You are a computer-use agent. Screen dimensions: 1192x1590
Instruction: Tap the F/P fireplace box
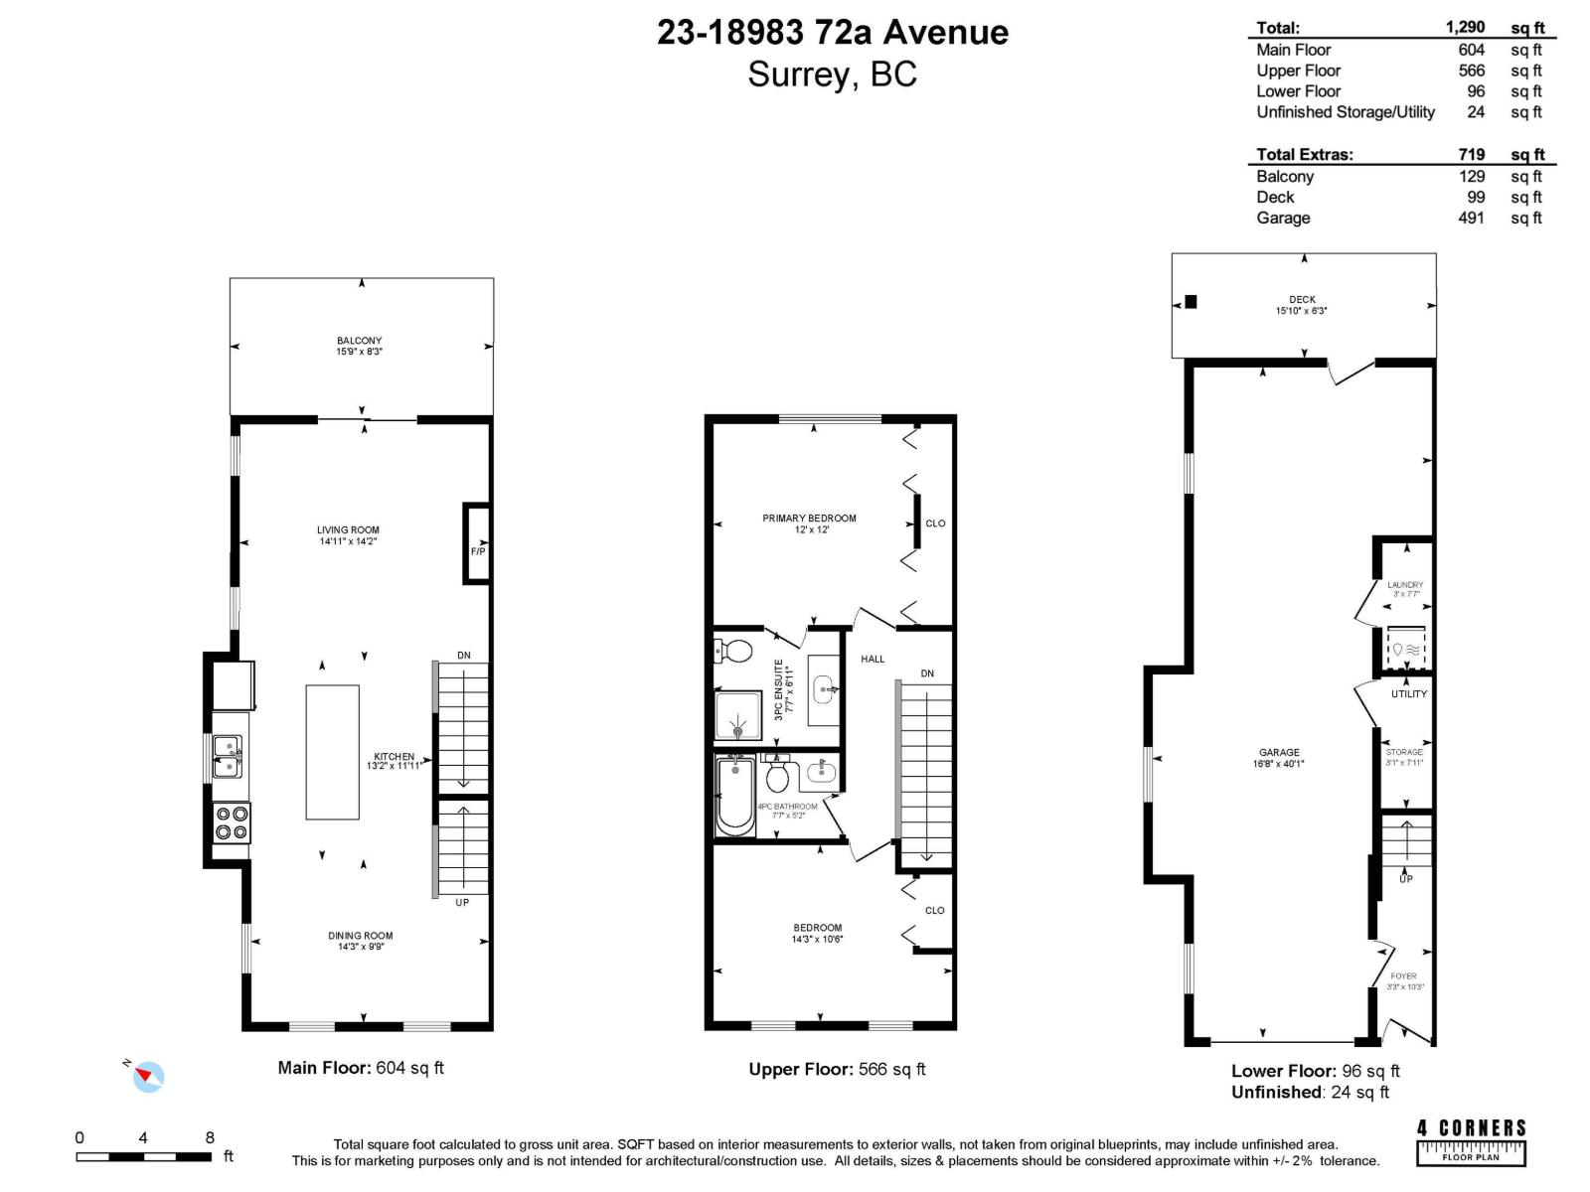[477, 543]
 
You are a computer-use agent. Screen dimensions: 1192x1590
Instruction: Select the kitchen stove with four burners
[232, 822]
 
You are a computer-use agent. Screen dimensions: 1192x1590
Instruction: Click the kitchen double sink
[228, 756]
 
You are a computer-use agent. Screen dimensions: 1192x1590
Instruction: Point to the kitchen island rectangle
[332, 752]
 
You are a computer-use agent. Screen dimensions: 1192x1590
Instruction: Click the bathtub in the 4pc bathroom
[735, 798]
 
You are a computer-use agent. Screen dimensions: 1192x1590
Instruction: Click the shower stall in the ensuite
[738, 716]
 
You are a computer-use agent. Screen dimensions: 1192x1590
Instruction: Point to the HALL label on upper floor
[873, 659]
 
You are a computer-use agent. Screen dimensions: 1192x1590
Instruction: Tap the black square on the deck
[1191, 302]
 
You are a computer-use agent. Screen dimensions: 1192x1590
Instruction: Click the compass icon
[149, 1076]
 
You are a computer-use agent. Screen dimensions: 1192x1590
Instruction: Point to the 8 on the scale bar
[210, 1138]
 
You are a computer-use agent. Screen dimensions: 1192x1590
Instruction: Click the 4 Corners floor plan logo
[1471, 1141]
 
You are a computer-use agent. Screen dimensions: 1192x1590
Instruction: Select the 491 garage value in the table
[1471, 218]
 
